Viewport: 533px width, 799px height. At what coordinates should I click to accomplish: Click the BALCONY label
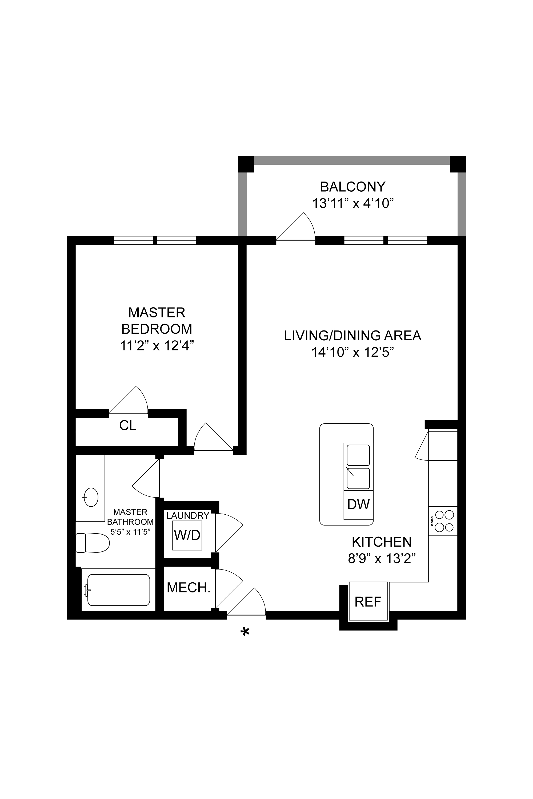353,187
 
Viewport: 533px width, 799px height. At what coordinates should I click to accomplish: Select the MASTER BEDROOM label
157,320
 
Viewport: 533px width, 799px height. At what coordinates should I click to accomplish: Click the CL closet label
128,425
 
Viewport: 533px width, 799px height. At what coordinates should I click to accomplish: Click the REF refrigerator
368,601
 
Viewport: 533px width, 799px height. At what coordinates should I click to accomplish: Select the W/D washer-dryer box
187,535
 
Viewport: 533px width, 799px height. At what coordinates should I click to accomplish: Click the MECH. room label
189,587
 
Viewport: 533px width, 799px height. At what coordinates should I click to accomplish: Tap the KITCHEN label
382,542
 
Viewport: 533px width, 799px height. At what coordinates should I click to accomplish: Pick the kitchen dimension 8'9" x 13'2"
382,559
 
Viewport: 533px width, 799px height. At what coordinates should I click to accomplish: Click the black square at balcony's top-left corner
246,164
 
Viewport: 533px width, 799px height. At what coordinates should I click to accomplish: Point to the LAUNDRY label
188,515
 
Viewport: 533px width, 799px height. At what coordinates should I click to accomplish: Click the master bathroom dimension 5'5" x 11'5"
130,532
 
